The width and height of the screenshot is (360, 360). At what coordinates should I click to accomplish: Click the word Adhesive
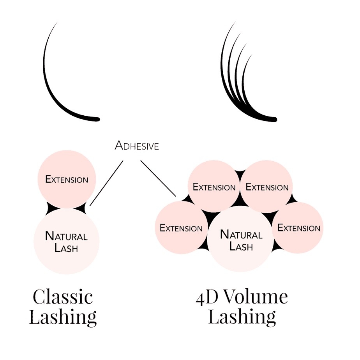(x=137, y=146)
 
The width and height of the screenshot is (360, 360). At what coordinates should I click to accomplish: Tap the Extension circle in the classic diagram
(x=67, y=179)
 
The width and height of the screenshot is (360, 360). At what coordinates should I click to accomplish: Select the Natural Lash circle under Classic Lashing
(x=66, y=242)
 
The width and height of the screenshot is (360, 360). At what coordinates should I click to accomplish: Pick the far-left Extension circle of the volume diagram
(x=181, y=228)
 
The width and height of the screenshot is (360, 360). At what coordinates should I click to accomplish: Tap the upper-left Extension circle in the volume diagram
(x=214, y=187)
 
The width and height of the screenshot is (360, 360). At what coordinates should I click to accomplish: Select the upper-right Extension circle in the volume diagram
(x=267, y=187)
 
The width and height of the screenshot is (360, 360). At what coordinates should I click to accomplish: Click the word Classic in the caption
(x=63, y=297)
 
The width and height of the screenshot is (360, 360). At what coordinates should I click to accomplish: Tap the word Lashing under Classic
(x=63, y=317)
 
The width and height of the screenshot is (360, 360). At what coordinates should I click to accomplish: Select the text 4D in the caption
(x=206, y=297)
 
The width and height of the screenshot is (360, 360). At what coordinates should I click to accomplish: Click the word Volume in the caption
(x=256, y=297)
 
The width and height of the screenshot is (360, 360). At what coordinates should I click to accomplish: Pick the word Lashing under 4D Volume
(x=242, y=317)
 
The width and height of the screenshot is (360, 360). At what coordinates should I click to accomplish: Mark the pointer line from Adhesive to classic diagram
(x=106, y=183)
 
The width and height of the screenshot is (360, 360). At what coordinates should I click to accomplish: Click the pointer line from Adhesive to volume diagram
(x=158, y=178)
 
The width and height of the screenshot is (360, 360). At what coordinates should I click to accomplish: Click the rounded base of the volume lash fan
(x=273, y=119)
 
